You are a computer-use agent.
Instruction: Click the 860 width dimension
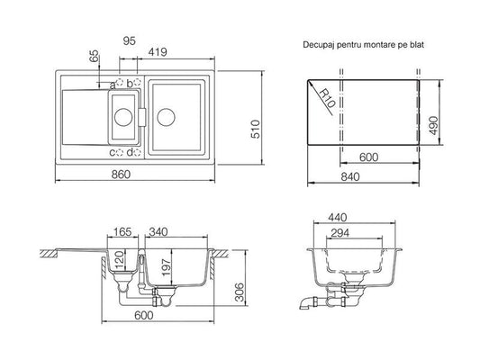(x=121, y=175)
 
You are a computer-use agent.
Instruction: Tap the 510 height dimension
(x=256, y=129)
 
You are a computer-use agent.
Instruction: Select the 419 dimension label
(x=158, y=52)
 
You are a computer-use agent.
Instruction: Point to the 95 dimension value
(x=129, y=40)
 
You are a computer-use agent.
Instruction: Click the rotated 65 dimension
(x=95, y=56)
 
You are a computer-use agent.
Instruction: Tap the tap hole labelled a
(x=120, y=82)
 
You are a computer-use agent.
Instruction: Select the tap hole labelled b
(x=138, y=82)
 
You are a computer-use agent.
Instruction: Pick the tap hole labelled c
(x=120, y=152)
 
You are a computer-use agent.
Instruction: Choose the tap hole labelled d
(x=138, y=152)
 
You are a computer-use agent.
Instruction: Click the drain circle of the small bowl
(x=123, y=117)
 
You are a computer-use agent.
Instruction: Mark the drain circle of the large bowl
(x=166, y=117)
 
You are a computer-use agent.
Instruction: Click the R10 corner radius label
(x=326, y=98)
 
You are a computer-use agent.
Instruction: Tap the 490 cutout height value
(x=433, y=125)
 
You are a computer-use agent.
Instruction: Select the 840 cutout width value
(x=350, y=176)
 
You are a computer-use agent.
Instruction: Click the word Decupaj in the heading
(x=318, y=45)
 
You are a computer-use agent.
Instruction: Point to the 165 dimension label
(x=122, y=232)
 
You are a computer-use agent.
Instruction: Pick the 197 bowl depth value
(x=166, y=267)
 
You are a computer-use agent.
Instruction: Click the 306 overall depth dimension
(x=240, y=292)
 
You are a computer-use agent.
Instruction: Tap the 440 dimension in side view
(x=338, y=218)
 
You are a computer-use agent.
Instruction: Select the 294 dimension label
(x=340, y=233)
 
